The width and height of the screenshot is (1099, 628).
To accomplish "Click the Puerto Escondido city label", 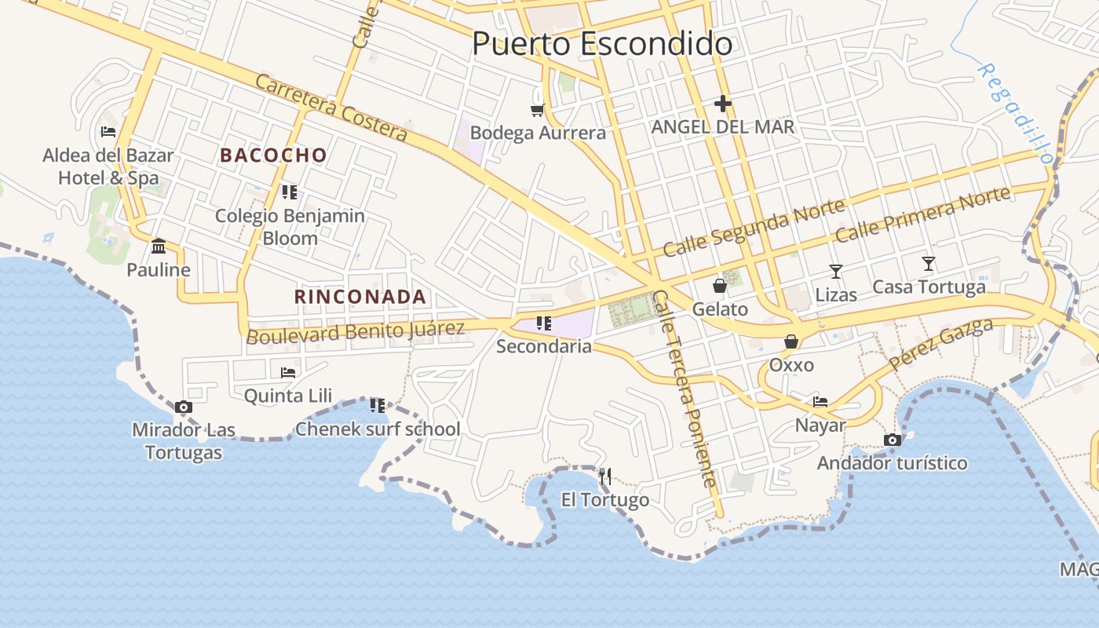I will (602, 44).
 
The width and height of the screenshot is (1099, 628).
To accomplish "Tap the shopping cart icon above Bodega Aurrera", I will (538, 110).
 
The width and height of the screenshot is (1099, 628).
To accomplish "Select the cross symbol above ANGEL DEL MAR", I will (723, 103).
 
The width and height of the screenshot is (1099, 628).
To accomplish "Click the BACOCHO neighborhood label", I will (273, 155).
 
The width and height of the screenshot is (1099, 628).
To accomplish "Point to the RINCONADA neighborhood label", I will (360, 297).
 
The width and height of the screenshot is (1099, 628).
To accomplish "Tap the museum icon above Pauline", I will (159, 246).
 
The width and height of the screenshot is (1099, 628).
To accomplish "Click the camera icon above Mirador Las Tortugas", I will (184, 407).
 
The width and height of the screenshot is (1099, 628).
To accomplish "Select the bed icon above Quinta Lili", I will (288, 372).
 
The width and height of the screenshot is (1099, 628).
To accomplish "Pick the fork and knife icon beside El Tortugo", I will (605, 476).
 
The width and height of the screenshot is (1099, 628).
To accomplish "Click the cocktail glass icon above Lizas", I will (836, 272).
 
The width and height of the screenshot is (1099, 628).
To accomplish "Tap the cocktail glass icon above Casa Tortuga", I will (929, 264).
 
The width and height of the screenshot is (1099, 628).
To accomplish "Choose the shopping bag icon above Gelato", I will (720, 286).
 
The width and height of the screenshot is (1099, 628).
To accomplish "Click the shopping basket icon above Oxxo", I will (791, 341).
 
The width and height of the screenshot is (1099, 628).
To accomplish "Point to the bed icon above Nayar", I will (820, 402).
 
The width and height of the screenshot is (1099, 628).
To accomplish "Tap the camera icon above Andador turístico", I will (892, 440).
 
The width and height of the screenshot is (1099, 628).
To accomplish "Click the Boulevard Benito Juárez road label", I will (356, 332).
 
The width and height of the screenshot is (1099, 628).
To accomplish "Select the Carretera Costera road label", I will (330, 108).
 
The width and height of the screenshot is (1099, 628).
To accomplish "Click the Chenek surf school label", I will (378, 429).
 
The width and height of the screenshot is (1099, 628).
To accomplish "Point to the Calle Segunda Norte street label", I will (754, 228).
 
